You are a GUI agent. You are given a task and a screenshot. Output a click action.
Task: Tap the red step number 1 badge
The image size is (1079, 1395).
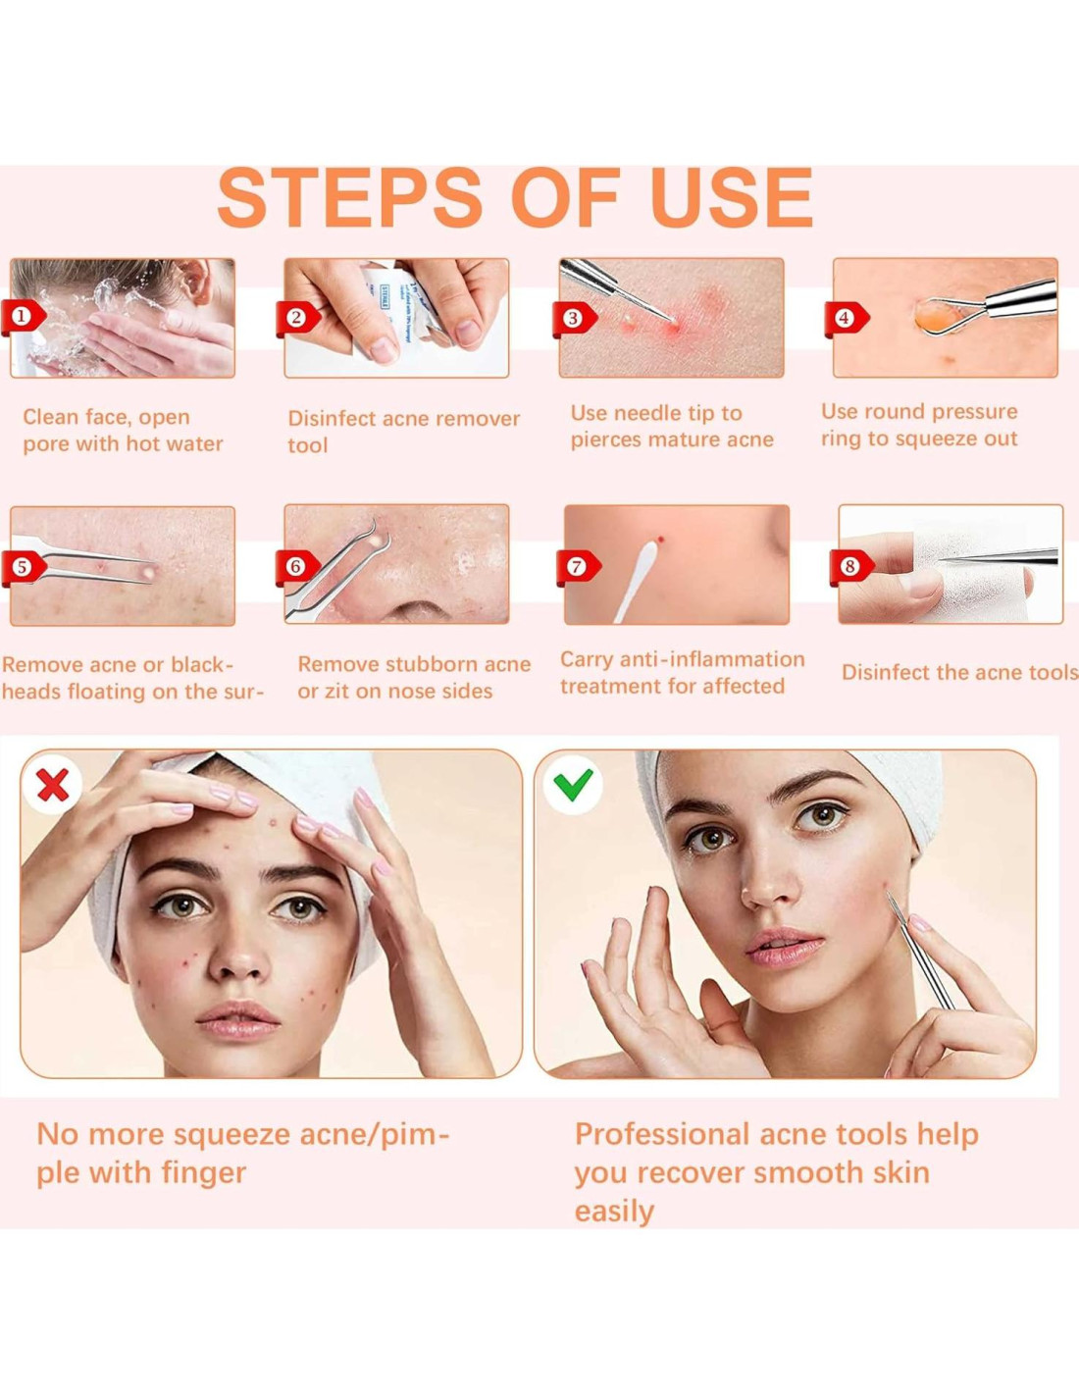(x=24, y=317)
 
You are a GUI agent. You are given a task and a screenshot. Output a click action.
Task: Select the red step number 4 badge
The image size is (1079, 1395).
(x=846, y=318)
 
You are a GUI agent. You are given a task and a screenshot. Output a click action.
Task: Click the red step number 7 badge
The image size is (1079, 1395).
(x=578, y=567)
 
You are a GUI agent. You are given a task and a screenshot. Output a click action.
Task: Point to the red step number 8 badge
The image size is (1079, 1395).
(x=851, y=567)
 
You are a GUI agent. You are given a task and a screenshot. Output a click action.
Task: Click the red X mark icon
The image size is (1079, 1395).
(x=53, y=784)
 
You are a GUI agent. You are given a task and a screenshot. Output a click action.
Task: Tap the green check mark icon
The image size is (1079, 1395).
(x=573, y=785)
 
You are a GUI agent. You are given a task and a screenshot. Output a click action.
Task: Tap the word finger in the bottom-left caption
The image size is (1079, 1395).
(x=203, y=1174)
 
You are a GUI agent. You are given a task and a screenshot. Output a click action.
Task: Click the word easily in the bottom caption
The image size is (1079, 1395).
(x=614, y=1213)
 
